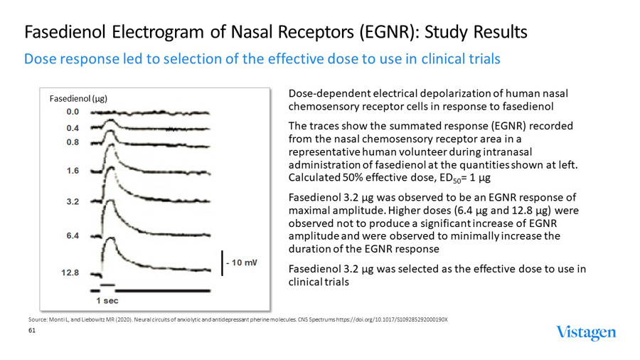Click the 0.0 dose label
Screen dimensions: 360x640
(x=73, y=112)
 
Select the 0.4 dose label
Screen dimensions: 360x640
(x=73, y=128)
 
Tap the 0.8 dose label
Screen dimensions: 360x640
(x=73, y=142)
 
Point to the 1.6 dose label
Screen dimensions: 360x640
(x=73, y=171)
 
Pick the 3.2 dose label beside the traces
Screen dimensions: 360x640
(x=73, y=202)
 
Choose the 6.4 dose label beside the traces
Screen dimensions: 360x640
(x=73, y=235)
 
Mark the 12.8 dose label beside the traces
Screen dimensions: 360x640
(x=70, y=272)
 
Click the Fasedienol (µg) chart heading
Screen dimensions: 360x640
(x=78, y=99)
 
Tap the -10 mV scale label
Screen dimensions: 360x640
(x=242, y=263)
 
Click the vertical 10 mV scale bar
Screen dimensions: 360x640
(x=222, y=263)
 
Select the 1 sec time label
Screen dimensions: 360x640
(x=107, y=300)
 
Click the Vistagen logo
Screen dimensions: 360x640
(x=586, y=333)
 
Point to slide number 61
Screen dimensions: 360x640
(x=31, y=329)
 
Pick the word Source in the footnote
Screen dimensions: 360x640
(x=37, y=319)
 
